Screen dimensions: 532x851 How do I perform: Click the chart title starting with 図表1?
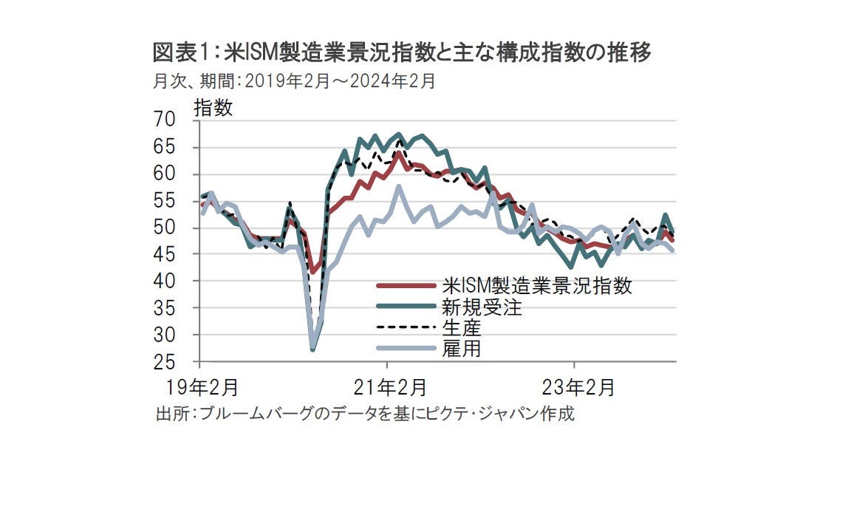click(x=402, y=54)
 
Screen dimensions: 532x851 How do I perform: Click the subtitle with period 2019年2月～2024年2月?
click(x=293, y=81)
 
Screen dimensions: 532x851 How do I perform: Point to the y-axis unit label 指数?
click(x=213, y=108)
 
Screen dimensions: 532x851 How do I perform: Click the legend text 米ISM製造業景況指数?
click(x=537, y=287)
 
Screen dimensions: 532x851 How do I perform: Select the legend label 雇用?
click(x=461, y=349)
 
